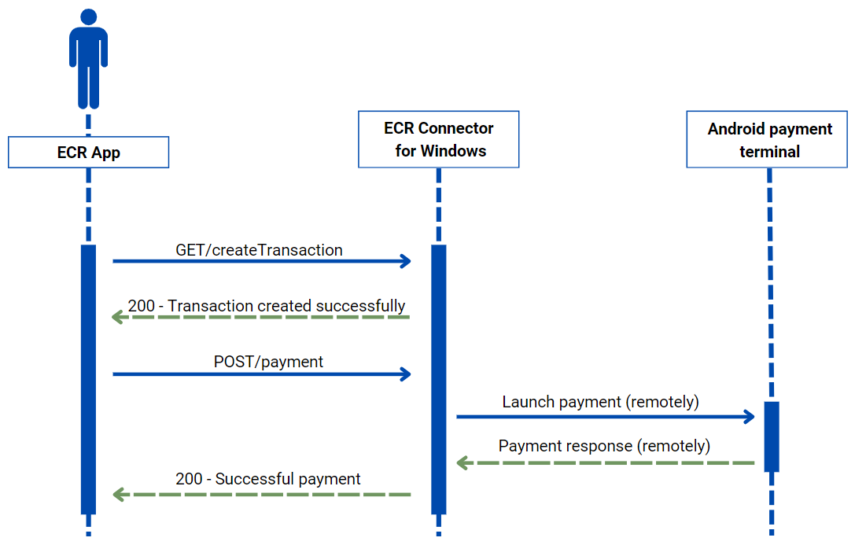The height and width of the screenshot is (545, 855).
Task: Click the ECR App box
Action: pos(88,153)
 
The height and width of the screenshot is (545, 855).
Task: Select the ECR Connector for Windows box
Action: pos(438,139)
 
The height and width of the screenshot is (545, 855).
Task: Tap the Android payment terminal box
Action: pos(769,140)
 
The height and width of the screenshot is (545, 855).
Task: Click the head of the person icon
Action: pos(89,17)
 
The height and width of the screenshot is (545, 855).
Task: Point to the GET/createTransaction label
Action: pos(259,250)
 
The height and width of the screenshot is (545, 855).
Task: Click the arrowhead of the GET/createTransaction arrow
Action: pos(406,261)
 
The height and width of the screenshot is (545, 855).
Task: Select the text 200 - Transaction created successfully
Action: pos(267,306)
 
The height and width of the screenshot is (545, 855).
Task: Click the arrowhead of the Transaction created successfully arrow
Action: pos(118,317)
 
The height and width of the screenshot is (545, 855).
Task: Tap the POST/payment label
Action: pos(268,362)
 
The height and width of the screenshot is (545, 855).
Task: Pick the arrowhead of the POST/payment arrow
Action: pos(406,374)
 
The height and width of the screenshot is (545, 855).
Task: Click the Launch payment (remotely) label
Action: pos(600,402)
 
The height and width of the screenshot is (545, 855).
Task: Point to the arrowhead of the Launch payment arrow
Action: pos(750,417)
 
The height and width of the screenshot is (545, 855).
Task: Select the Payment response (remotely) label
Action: pos(604,446)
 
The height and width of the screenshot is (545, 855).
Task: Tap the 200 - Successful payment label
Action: pos(268,479)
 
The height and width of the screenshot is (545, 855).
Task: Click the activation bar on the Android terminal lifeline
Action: pos(771,436)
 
